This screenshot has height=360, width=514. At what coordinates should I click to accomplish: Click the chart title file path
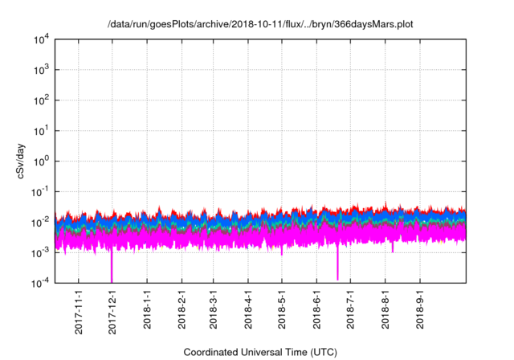pyautogui.click(x=260, y=24)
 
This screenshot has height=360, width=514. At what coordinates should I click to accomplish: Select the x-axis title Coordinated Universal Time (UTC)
pyautogui.click(x=260, y=352)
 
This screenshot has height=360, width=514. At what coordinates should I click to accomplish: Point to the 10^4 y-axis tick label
pyautogui.click(x=42, y=39)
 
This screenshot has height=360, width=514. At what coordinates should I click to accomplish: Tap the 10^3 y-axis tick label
pyautogui.click(x=42, y=70)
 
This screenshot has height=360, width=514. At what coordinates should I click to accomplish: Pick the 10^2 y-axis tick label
pyautogui.click(x=42, y=100)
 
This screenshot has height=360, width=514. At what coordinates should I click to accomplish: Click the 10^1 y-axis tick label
pyautogui.click(x=42, y=130)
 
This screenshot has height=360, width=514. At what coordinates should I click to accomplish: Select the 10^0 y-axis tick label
pyautogui.click(x=42, y=161)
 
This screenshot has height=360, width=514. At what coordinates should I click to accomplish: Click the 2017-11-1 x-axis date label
pyautogui.click(x=79, y=311)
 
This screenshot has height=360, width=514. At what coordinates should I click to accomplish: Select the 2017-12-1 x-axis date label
pyautogui.click(x=112, y=311)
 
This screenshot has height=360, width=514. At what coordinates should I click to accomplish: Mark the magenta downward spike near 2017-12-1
pyautogui.click(x=112, y=269)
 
